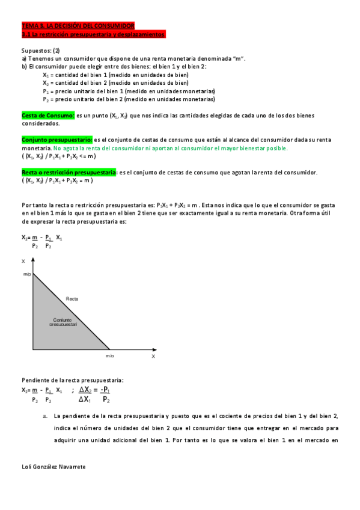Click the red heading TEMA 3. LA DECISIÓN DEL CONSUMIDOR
click(x=78, y=25)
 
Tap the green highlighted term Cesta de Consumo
click(x=48, y=115)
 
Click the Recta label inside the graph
click(x=72, y=298)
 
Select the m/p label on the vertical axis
click(x=27, y=274)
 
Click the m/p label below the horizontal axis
click(x=109, y=356)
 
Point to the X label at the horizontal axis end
click(x=153, y=356)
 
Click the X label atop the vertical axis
click(x=23, y=261)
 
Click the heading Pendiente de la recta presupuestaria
click(x=73, y=380)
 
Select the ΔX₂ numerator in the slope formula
click(x=88, y=389)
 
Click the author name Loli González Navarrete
click(x=53, y=466)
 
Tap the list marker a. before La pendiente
click(x=44, y=416)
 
